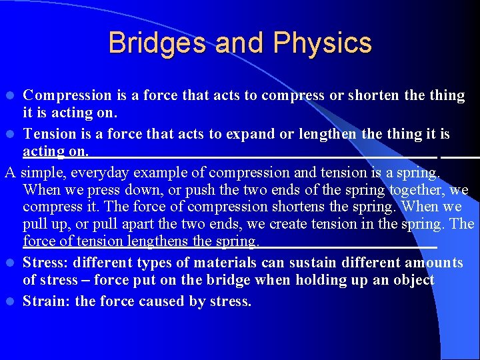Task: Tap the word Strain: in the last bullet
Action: pyautogui.click(x=47, y=301)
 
